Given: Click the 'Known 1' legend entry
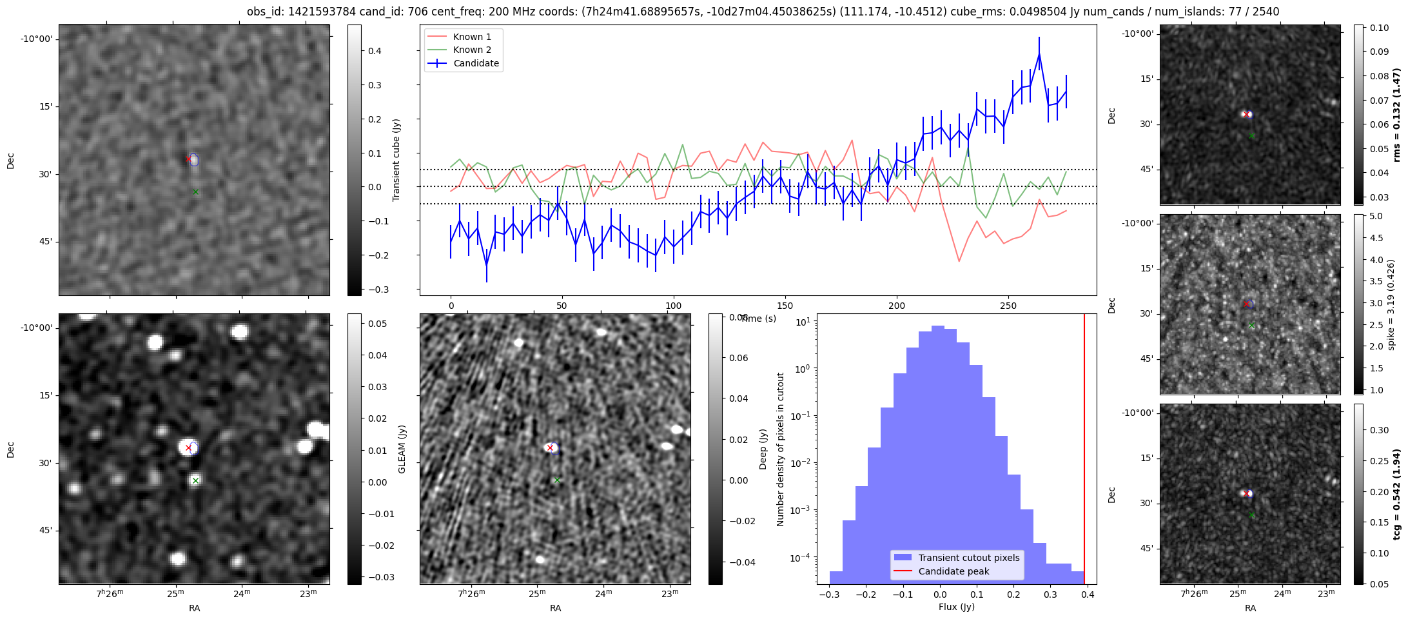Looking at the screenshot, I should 472,37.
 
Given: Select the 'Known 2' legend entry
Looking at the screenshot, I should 472,50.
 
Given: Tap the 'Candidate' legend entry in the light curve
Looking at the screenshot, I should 476,63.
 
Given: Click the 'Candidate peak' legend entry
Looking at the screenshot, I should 953,571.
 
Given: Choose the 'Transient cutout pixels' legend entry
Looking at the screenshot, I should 969,558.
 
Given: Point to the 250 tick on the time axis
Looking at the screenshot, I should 1008,305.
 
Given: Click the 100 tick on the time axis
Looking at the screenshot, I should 673,305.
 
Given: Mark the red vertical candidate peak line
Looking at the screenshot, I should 1084,451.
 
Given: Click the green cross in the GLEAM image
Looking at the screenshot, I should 195,480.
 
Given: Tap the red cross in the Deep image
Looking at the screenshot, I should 550,447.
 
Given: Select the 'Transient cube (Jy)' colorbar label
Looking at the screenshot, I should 396,160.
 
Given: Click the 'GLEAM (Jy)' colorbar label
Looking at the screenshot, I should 402,449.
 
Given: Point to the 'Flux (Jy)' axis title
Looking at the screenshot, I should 957,607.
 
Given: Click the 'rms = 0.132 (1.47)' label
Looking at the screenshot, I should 1397,115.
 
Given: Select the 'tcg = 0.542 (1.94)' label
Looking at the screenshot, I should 1397,494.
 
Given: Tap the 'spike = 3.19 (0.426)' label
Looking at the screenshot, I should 1391,304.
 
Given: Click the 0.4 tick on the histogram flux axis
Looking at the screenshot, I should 1088,594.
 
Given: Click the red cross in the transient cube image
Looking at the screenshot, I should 188,159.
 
